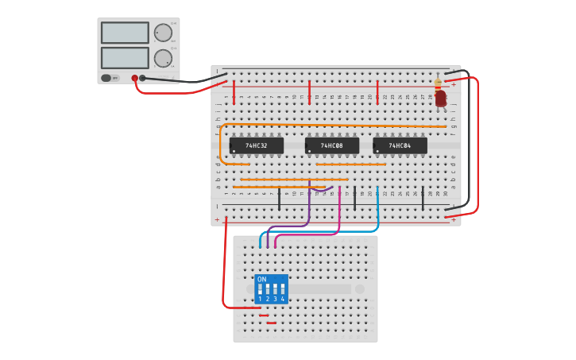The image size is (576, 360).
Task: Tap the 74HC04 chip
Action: point(400,146)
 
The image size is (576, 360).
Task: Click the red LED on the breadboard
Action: point(440,99)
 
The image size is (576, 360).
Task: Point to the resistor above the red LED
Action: point(438,83)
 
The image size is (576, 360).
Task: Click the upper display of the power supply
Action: point(125,33)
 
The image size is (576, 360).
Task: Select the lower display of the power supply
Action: point(125,58)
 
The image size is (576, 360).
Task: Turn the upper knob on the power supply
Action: point(162,33)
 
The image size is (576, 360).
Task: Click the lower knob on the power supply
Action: point(162,58)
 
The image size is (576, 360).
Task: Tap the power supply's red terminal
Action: point(135,78)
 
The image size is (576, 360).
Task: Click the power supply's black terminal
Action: point(143,78)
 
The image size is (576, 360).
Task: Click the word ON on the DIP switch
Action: point(262,280)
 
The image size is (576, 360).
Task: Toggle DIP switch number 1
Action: point(260,290)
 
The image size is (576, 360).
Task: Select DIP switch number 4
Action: point(282,290)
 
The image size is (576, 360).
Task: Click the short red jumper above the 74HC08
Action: point(309,91)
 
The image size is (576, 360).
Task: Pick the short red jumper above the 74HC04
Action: point(377,91)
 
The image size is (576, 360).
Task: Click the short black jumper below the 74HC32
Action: point(279,199)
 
